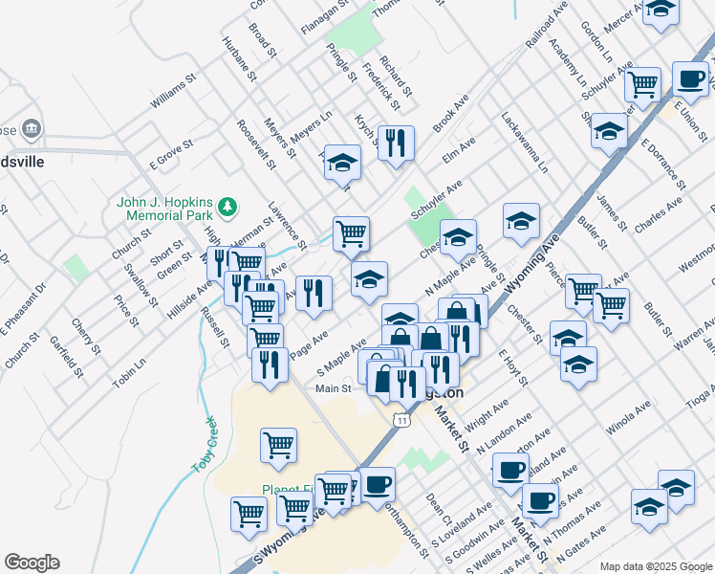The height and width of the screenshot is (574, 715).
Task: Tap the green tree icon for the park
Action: pyautogui.click(x=227, y=205)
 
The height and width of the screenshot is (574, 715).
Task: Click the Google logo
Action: pyautogui.click(x=32, y=563)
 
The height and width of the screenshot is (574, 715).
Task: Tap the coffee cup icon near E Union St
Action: pyautogui.click(x=690, y=78)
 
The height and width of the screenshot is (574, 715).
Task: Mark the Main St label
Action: pyautogui.click(x=334, y=388)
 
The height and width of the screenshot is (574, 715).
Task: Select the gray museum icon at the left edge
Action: pyautogui.click(x=31, y=128)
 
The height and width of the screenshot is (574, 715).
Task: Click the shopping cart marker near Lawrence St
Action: pyautogui.click(x=351, y=232)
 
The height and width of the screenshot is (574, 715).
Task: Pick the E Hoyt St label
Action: pyautogui.click(x=512, y=368)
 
